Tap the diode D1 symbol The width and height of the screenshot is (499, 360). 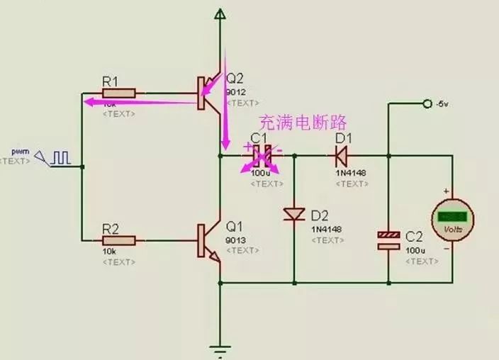click(342, 152)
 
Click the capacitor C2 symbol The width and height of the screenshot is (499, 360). click(388, 240)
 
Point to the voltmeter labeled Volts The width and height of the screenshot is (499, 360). click(452, 220)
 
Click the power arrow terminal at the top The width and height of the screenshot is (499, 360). click(220, 13)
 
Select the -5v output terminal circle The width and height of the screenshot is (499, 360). click(427, 104)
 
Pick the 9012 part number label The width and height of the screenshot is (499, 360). click(235, 92)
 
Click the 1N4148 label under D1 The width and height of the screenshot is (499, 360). click(350, 172)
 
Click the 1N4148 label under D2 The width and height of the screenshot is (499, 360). click(326, 229)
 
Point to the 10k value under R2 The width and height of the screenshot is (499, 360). click(111, 252)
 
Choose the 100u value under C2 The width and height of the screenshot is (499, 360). click(414, 250)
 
